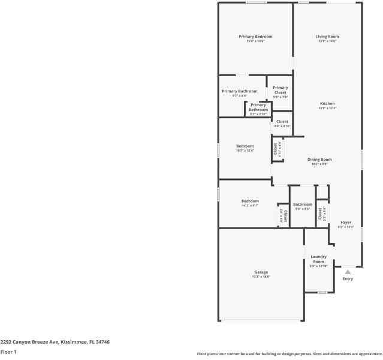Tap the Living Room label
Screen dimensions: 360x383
click(x=327, y=37)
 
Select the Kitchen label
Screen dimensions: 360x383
click(x=327, y=104)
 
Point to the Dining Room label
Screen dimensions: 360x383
click(x=319, y=160)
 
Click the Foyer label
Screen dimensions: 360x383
click(x=346, y=222)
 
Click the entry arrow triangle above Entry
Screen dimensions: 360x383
click(x=348, y=272)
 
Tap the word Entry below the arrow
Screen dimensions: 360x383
click(x=348, y=279)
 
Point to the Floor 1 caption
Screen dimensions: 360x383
click(x=8, y=352)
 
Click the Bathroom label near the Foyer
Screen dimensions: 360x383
click(x=302, y=205)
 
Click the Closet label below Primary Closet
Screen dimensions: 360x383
click(x=282, y=122)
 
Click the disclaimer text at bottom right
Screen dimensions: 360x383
click(x=289, y=354)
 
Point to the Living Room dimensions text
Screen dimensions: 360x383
click(x=327, y=41)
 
